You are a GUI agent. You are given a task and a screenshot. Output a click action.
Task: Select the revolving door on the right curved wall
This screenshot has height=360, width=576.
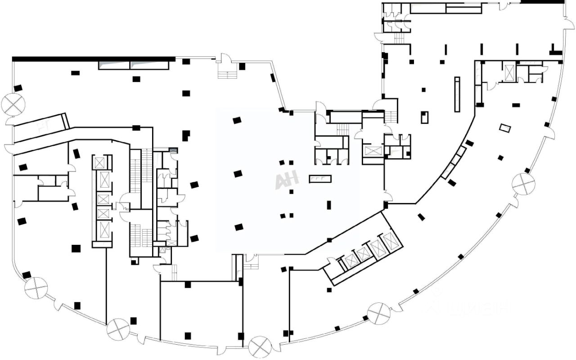coord(523,184)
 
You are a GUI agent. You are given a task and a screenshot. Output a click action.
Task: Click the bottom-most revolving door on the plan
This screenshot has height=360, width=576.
coord(260,347)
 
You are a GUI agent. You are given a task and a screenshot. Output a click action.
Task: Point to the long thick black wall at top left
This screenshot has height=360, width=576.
coord(93,59)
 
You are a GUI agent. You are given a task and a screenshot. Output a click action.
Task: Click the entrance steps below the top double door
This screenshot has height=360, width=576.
coord(227,72)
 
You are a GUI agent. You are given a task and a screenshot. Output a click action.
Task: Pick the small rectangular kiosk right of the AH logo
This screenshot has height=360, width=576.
coord(320,179)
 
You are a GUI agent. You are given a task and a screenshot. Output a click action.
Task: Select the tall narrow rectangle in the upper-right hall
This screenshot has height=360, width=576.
coord(457,94)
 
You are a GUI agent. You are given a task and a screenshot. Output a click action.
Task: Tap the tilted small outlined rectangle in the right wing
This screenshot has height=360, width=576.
coord(505,128)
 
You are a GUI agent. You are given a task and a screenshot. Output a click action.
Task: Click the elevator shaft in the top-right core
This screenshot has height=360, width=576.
coord(509,73)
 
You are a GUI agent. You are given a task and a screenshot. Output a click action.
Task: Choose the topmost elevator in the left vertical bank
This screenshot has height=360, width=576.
coord(99,162)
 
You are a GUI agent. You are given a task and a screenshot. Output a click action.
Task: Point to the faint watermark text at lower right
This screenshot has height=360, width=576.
coord(470,308)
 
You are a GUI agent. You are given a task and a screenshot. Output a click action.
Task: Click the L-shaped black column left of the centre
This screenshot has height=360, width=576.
coord(185,135)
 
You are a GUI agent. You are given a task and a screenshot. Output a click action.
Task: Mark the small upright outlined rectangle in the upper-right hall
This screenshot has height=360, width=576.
coord(424,117)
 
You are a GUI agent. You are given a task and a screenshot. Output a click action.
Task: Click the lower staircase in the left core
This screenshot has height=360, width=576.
coord(140,234)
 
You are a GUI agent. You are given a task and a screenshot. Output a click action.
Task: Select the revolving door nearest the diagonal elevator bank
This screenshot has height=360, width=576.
coord(378,313)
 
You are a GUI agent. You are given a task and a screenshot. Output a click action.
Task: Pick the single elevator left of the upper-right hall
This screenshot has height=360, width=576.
coord(373,150)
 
